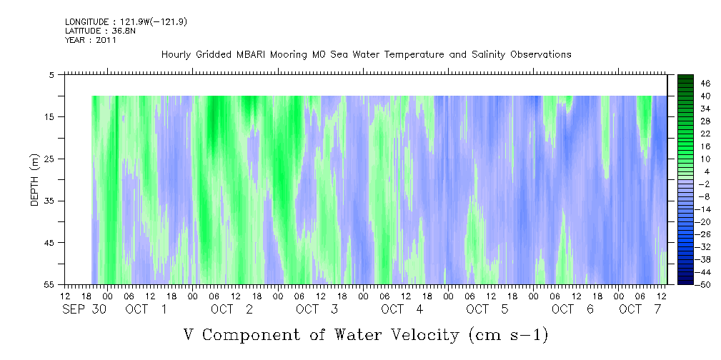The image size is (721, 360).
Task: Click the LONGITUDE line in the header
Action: (126, 21)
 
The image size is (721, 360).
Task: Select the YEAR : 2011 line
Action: (91, 40)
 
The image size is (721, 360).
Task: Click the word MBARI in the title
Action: (248, 54)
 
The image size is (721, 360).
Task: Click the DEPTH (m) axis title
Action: (35, 180)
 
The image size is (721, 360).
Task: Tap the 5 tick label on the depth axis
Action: (51, 74)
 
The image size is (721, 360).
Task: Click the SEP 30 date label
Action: (84, 309)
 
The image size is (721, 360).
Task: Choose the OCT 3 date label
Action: (317, 309)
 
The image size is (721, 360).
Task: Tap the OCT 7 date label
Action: (640, 309)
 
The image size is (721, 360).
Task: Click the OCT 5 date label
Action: (487, 309)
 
